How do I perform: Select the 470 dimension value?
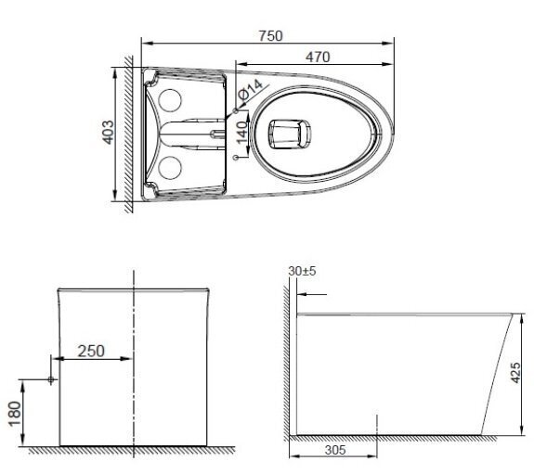(x=318, y=55)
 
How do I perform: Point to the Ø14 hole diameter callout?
(x=247, y=95)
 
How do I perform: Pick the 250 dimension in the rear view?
(x=91, y=351)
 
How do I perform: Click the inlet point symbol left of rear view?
(x=51, y=380)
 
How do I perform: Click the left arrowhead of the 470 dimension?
(x=238, y=63)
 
